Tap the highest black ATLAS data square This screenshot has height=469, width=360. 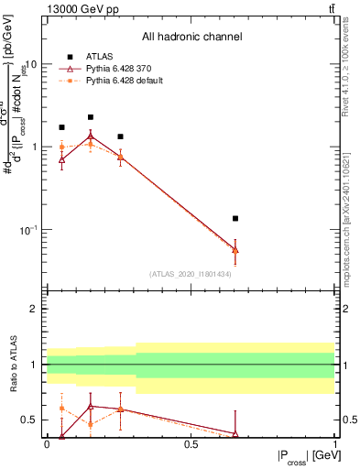(91, 117)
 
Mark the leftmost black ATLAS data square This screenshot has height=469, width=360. (61, 127)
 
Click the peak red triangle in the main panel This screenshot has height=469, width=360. (91, 136)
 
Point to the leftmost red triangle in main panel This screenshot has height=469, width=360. (61, 159)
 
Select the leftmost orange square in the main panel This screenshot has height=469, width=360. (61, 147)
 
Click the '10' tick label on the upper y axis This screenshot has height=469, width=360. (31, 65)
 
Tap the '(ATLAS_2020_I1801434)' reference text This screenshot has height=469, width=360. (191, 274)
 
